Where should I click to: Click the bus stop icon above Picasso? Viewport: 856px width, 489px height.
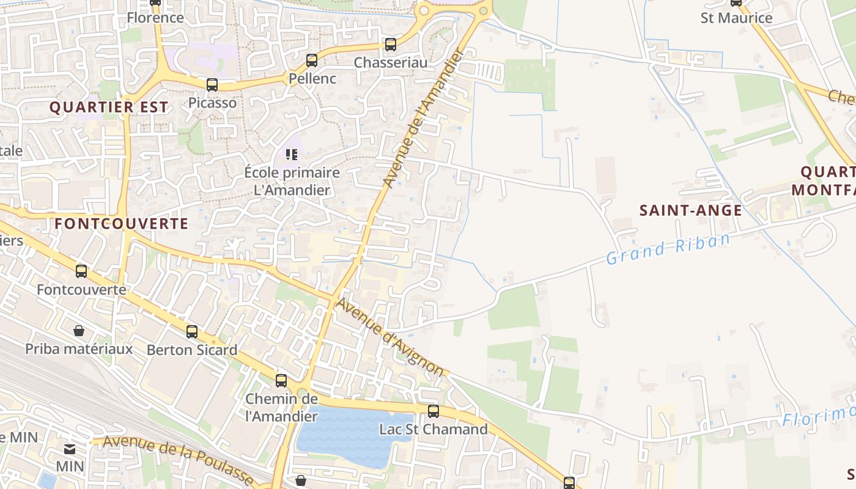pos(212,85)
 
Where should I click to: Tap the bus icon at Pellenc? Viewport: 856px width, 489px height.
pos(312,61)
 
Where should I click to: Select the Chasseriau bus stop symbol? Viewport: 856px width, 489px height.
pos(391,45)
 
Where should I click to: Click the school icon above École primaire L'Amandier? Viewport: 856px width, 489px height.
pos(292,155)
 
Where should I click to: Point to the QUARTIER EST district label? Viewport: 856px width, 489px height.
pos(108,107)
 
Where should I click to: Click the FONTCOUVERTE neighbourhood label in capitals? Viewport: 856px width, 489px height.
pos(121,224)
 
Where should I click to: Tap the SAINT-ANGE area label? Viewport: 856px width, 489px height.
pos(690,210)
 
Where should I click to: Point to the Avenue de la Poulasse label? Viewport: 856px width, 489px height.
pos(178,460)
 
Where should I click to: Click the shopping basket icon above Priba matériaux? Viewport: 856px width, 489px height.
pos(79,331)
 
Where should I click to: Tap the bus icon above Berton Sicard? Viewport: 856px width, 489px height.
pos(192,332)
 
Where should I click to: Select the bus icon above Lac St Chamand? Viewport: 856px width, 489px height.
pos(434,411)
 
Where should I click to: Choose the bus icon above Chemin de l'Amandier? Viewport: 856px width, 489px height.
pos(281,381)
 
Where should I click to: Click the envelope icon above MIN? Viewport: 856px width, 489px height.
pos(70,449)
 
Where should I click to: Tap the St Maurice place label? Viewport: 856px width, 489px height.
pos(736,18)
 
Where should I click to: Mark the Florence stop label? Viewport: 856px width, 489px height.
pos(155,17)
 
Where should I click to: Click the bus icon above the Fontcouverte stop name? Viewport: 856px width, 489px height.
pos(81,271)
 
